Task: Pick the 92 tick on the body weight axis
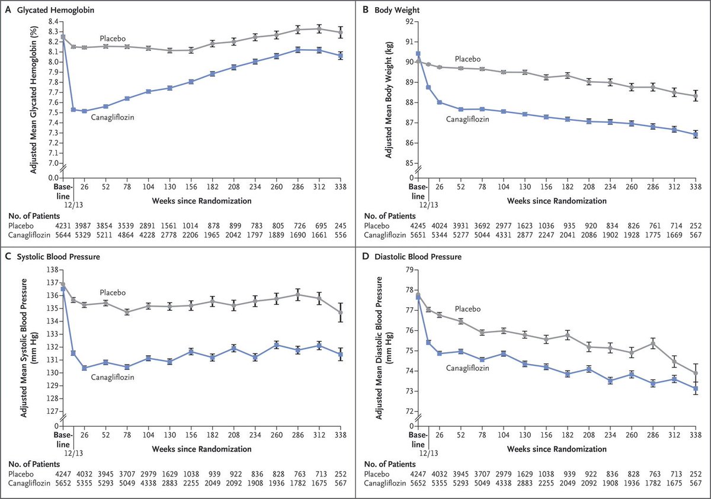click(408, 22)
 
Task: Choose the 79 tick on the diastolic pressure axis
click(408, 270)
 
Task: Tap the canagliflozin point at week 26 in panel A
click(84, 111)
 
